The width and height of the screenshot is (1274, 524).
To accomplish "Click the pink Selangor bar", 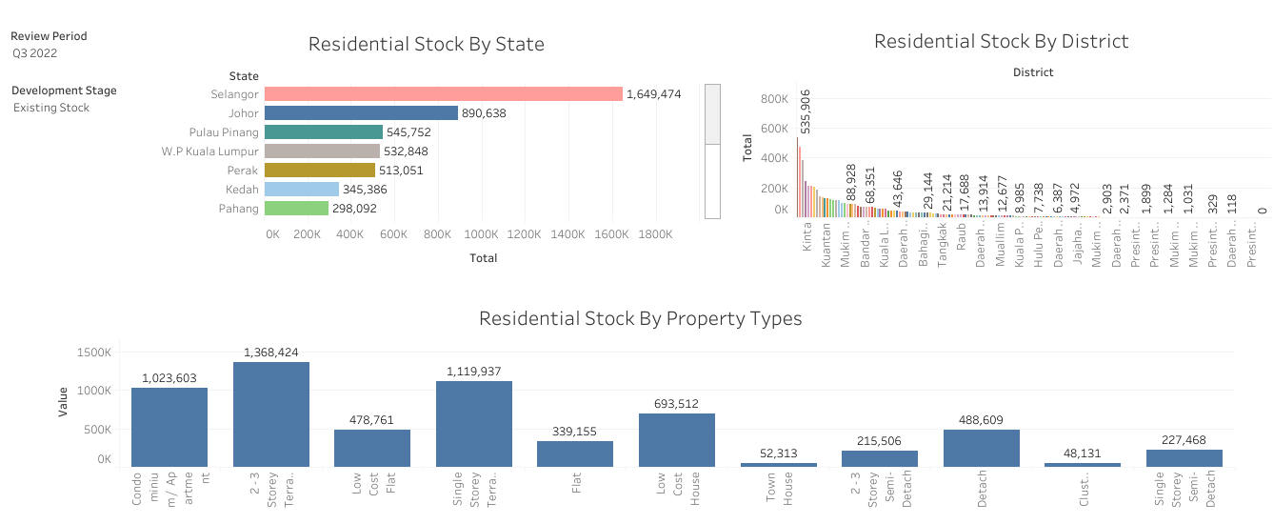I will (443, 93).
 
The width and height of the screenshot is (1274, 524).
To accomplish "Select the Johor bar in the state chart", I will (361, 112).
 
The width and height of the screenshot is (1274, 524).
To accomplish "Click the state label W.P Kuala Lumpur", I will (210, 151).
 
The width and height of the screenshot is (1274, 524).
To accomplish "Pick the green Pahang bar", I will (296, 208).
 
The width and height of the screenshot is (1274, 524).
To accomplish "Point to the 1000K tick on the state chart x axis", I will (481, 234).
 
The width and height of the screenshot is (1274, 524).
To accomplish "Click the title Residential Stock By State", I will (427, 45).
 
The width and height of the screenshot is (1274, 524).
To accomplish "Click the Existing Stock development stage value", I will (51, 108).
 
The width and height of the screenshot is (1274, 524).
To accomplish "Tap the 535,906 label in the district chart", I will (806, 111).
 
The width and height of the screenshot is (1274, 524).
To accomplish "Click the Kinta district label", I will (806, 237).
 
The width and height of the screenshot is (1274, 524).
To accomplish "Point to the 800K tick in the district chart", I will (773, 98).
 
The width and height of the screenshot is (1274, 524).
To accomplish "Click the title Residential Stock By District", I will (1001, 41).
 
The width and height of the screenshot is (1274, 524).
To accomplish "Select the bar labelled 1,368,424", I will (271, 413).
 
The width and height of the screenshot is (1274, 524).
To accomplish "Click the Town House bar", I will (779, 464).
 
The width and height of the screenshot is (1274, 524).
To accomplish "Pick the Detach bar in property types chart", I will (982, 448).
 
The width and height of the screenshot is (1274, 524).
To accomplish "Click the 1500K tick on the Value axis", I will (94, 353).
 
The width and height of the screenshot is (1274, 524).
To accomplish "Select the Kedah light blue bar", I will (301, 189).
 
